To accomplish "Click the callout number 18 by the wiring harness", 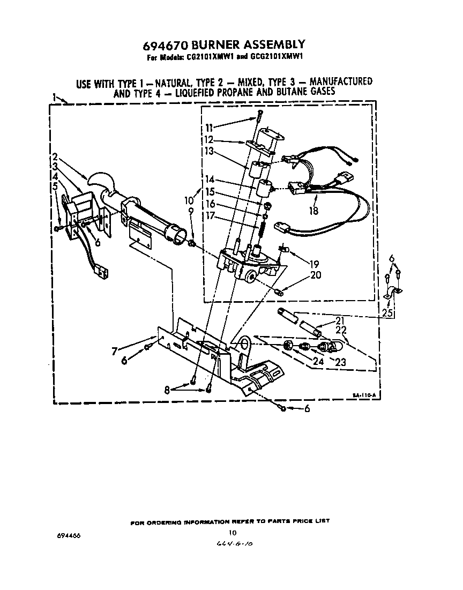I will (313, 211).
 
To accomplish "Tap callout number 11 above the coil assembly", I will (209, 128).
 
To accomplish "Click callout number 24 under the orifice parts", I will (318, 361).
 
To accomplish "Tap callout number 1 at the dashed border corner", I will (55, 96).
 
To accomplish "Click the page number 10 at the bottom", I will (232, 533).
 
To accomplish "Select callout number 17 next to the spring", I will (211, 215).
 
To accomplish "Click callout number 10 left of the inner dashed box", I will (189, 200).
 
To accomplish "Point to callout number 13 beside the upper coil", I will (210, 152).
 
